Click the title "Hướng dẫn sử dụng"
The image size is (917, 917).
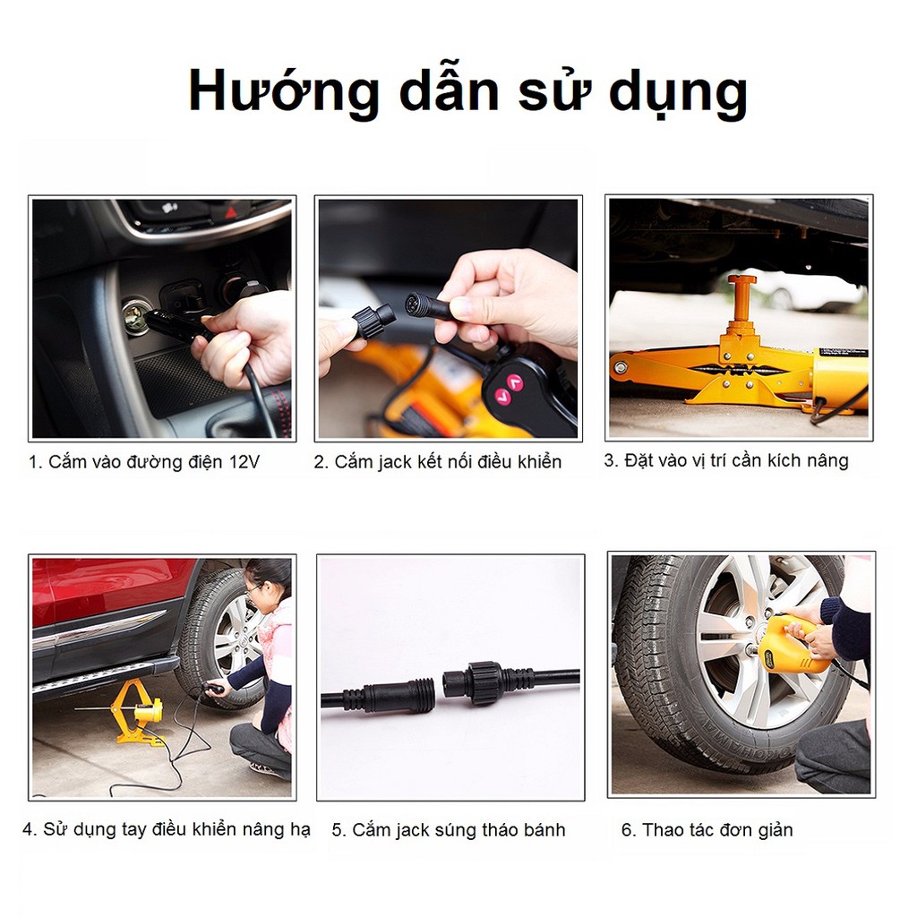click(x=467, y=91)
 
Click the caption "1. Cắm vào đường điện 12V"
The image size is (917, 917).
click(x=143, y=462)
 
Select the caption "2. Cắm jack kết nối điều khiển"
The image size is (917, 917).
click(x=437, y=462)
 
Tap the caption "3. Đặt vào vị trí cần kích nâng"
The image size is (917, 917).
click(x=725, y=461)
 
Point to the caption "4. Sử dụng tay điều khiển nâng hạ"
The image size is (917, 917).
click(x=166, y=829)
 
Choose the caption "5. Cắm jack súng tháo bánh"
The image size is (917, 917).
click(x=448, y=830)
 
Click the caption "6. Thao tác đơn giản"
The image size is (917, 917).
click(x=707, y=830)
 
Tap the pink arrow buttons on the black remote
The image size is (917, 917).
click(x=508, y=388)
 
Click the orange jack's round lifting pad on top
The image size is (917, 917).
click(x=741, y=280)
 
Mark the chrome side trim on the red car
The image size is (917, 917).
click(x=99, y=630)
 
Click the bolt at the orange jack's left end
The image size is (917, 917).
click(x=618, y=367)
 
